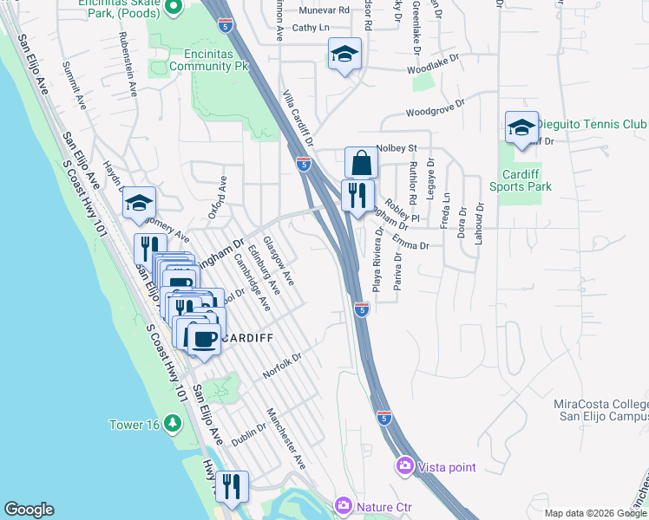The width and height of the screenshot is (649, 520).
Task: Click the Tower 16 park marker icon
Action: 174,423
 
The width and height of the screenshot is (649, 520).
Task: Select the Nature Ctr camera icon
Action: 344,505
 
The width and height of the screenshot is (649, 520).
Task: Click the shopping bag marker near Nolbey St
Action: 360,163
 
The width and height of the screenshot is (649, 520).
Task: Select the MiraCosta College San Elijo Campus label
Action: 600,410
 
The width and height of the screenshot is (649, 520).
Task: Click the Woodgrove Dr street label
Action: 442,112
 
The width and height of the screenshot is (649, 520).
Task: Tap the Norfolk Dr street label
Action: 283,367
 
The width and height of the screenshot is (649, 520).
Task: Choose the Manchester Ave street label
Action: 287,439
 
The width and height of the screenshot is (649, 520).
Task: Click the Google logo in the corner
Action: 29,510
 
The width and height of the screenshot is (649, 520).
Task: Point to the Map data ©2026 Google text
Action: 595,513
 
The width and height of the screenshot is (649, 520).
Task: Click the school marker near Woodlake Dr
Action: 344,55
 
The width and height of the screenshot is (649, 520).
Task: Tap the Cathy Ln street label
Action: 311,28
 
